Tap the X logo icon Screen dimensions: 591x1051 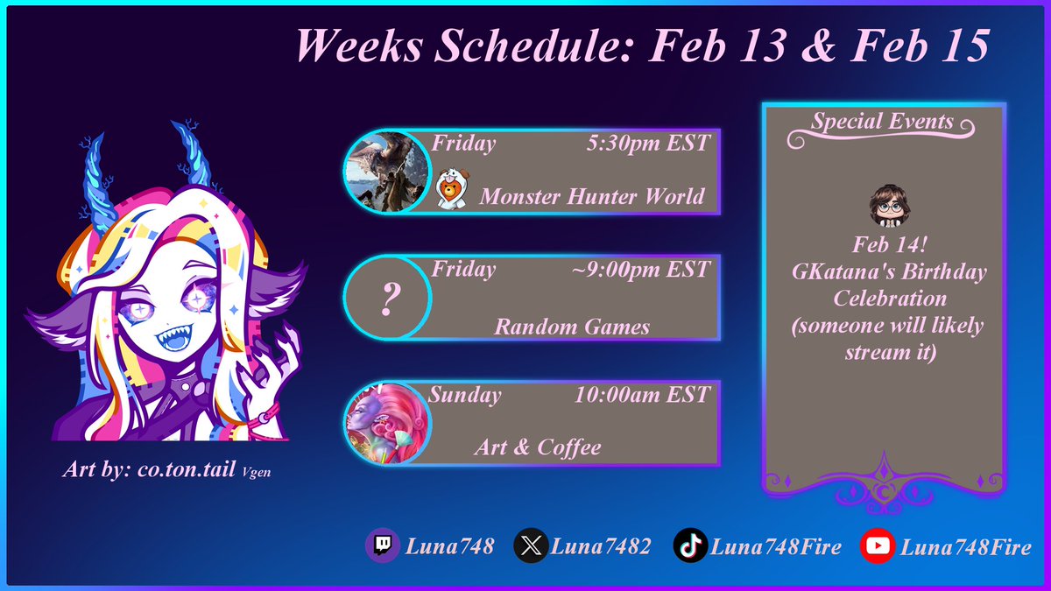tap(530, 547)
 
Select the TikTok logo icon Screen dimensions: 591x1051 tap(689, 547)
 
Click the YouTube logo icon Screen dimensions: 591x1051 tap(878, 547)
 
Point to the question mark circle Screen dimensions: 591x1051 tap(386, 299)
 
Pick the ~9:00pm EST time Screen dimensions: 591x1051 tap(639, 269)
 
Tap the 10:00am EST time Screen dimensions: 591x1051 tap(641, 395)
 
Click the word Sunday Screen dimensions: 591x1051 tap(465, 395)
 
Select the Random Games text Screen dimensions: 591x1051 tap(572, 327)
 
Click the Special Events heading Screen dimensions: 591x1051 tap(882, 121)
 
